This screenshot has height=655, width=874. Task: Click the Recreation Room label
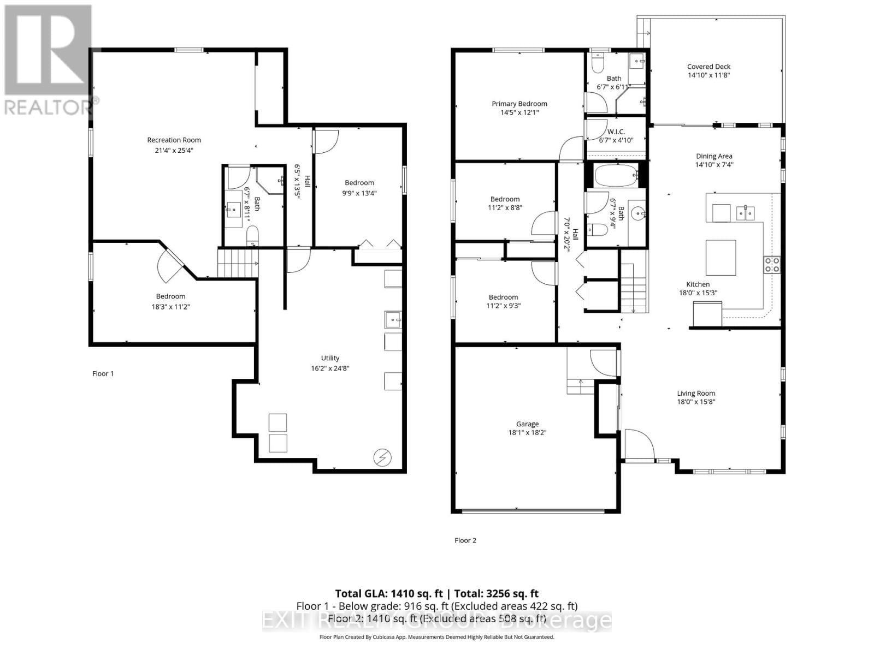174,140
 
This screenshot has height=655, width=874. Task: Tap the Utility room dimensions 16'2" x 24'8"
330,368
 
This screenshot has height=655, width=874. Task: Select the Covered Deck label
708,67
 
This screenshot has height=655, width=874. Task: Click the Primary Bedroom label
519,104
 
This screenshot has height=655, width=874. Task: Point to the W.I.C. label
616,132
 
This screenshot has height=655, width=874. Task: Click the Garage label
527,424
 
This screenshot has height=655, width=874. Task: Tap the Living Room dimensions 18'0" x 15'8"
696,402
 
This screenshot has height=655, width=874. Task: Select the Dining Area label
713,156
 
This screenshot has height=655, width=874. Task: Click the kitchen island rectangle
721,257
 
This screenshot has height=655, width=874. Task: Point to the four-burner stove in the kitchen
771,265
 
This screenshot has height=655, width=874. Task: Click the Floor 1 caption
103,373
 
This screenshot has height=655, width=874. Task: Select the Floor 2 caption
465,540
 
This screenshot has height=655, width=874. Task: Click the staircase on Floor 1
237,263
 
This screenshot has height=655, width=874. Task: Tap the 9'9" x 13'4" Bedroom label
359,183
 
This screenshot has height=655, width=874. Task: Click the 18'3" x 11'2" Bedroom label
170,296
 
